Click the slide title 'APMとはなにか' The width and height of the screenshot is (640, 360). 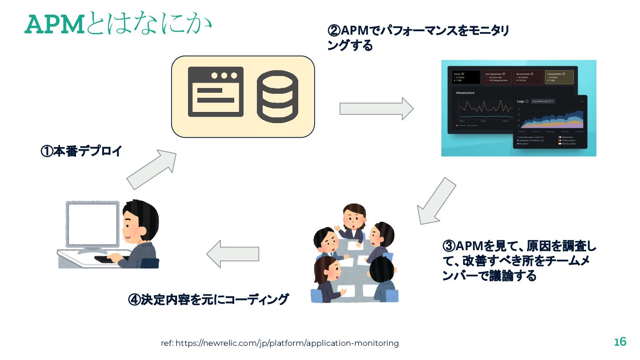(x=117, y=24)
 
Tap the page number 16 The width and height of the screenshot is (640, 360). (x=620, y=342)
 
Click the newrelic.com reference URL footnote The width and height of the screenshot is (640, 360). (x=280, y=343)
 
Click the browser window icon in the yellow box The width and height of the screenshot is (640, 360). (x=216, y=92)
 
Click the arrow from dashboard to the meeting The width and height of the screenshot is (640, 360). (x=436, y=201)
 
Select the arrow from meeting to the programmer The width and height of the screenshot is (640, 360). (x=232, y=255)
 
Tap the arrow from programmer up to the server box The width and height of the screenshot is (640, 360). (x=152, y=169)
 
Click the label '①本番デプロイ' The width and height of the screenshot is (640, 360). (x=81, y=151)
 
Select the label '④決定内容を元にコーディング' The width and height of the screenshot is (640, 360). (x=208, y=299)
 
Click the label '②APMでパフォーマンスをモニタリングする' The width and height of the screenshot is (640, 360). (x=418, y=38)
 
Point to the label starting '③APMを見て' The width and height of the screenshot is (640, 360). (x=519, y=260)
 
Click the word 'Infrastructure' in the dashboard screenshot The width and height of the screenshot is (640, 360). (x=465, y=93)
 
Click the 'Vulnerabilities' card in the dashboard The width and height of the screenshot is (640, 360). (x=559, y=77)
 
